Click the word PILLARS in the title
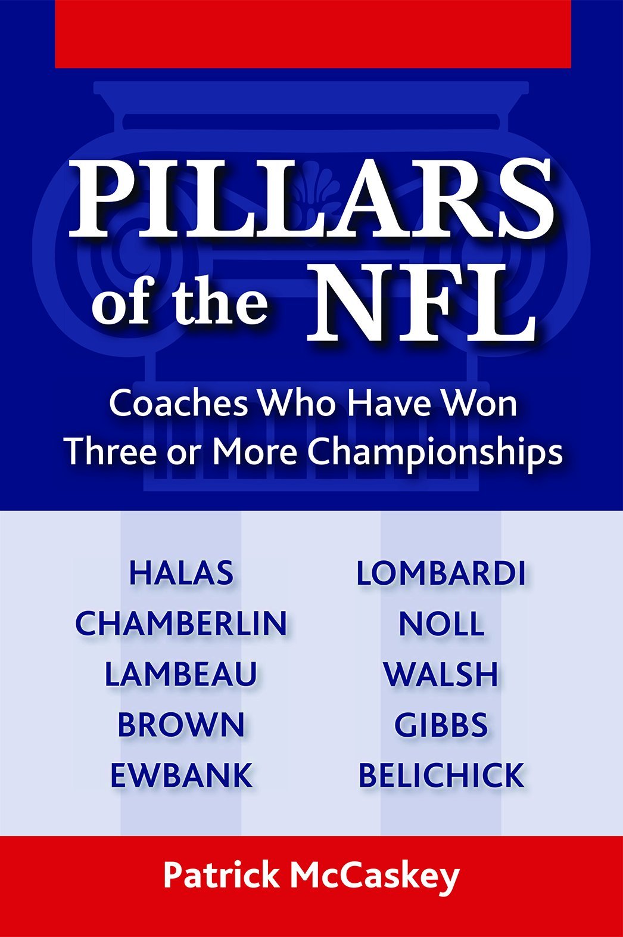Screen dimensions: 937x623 coord(310,200)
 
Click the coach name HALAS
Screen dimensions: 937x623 coord(181,573)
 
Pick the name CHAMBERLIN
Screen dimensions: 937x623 coord(181,623)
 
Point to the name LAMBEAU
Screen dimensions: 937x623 coord(181,674)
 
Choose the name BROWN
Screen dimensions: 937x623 coord(181,725)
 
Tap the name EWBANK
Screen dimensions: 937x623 coord(181,775)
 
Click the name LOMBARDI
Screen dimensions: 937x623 coord(441,573)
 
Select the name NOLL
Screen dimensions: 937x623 coord(441,623)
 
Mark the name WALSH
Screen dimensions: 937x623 coord(441,674)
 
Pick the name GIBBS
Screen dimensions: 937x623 coord(441,725)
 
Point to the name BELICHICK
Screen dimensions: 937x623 coord(441,775)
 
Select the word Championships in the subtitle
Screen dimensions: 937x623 coord(435,452)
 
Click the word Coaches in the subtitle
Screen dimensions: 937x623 coord(178,404)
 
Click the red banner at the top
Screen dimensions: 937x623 coord(313,33)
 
